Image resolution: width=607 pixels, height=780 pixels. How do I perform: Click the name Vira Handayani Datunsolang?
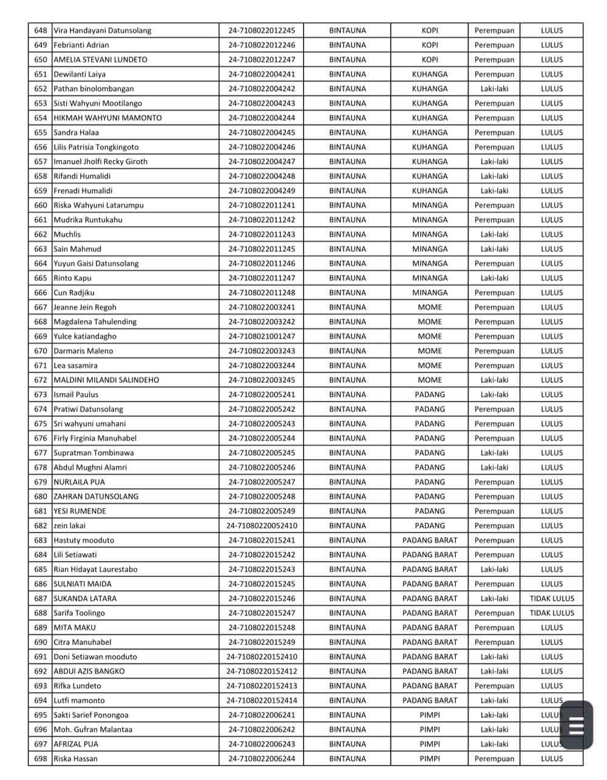(x=103, y=30)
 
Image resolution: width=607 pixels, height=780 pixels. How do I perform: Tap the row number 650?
(x=41, y=59)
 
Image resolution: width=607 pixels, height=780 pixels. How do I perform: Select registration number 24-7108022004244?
(x=262, y=118)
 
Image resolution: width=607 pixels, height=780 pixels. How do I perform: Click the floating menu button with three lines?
(x=575, y=725)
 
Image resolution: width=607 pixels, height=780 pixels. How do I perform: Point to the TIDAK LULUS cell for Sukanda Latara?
(x=551, y=598)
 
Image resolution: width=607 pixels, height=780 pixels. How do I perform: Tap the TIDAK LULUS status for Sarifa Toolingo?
(x=551, y=613)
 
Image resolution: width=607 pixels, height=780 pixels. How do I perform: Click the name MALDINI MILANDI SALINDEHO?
(x=106, y=380)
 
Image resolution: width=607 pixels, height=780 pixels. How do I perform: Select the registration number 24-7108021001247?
(x=262, y=336)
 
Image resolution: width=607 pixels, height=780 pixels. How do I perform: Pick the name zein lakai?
(x=70, y=525)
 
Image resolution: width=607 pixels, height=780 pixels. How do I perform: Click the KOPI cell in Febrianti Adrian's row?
(x=430, y=45)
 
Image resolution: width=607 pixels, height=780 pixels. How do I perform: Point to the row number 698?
(x=41, y=758)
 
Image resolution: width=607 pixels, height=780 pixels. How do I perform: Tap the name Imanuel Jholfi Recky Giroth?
(x=100, y=161)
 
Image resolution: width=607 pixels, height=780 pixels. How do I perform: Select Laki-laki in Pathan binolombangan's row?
(x=494, y=89)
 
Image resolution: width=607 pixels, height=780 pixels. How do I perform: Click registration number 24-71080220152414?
(x=262, y=700)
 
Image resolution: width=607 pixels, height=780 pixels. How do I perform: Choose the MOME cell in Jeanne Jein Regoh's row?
(x=430, y=307)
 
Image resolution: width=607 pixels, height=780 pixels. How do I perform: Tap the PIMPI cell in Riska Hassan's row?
(x=430, y=758)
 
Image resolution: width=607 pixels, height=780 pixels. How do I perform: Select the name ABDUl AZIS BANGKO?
(x=89, y=671)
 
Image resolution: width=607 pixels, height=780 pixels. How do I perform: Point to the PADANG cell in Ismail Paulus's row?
(x=430, y=394)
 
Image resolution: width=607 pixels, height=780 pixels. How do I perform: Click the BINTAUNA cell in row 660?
(x=347, y=205)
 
